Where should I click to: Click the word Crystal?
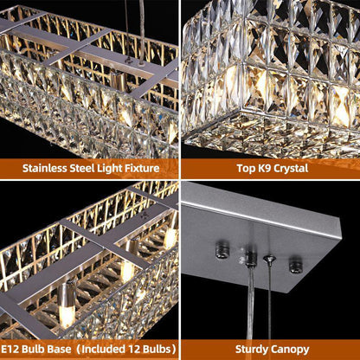pos(291,169)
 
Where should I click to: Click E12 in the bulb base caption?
pos(10,349)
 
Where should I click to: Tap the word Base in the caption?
pos(60,349)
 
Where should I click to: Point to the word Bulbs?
pos(156,349)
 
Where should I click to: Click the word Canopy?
pos(290,350)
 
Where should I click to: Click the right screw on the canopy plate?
pos(296,264)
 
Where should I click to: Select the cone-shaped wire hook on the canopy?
pos(269,260)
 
